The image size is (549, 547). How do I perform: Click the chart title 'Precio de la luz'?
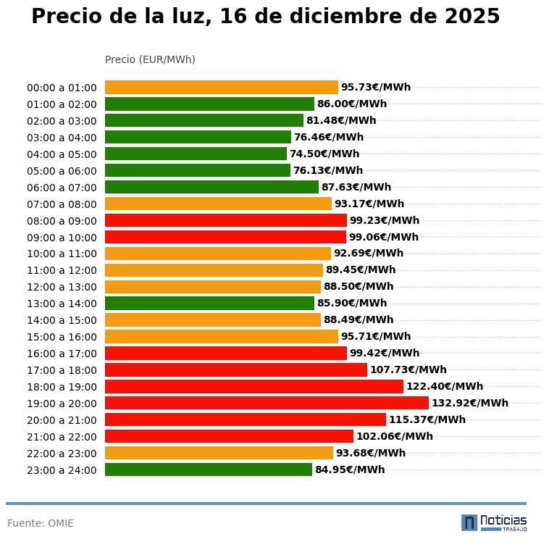coord(265,17)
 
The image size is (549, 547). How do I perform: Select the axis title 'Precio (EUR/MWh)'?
coord(150,59)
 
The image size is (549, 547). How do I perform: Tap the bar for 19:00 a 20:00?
coord(267,403)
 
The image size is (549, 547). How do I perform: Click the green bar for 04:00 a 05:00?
coord(196,154)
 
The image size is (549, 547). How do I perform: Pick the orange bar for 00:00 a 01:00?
coord(221,87)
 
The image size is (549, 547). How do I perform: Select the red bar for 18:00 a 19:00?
coord(253,386)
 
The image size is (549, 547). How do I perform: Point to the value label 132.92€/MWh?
coord(469,403)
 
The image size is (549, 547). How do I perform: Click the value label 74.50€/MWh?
coord(324,154)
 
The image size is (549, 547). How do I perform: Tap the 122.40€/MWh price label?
coord(444,386)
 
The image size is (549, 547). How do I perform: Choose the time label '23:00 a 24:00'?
coord(62,470)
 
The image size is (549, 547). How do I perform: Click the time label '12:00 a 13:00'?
coord(62,287)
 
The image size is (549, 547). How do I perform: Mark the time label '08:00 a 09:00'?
coord(62,220)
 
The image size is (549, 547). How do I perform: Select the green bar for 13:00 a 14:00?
coord(209,304)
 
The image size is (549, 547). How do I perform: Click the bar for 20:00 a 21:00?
coord(245,419)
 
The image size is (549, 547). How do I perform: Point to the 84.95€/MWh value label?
coord(350,469)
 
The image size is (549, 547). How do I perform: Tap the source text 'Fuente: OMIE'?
coord(41,523)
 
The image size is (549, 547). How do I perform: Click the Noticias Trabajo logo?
coord(494,522)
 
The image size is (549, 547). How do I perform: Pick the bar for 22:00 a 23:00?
coord(219,453)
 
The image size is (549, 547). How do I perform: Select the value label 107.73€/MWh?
coord(408,369)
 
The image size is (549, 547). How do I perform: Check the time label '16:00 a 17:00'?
coord(62,354)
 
